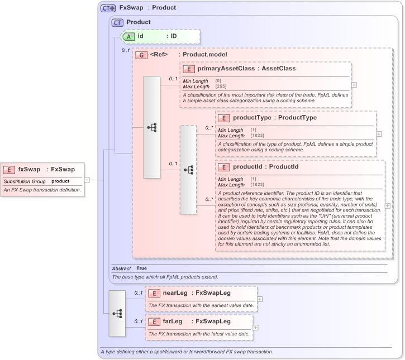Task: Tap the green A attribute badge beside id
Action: click(128, 36)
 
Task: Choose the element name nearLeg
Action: click(175, 292)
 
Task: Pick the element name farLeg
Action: click(173, 321)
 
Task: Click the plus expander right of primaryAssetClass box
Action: click(354, 85)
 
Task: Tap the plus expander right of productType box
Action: click(379, 134)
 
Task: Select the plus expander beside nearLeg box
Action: click(260, 299)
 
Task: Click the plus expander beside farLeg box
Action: click(256, 328)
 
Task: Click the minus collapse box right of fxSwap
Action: click(87, 180)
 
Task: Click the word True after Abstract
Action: click(142, 268)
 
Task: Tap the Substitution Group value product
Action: click(60, 181)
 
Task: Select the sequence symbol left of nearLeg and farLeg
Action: click(117, 313)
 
